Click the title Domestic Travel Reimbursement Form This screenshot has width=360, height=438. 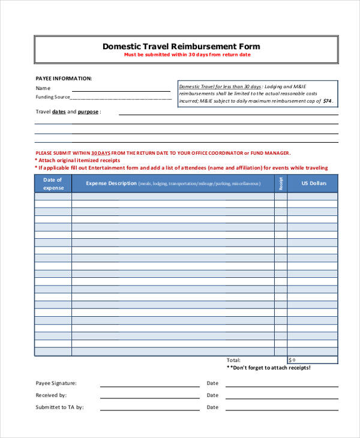pos(181,46)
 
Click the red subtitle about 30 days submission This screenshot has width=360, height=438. pos(187,55)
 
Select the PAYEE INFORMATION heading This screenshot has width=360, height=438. pos(64,78)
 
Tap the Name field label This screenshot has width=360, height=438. pos(43,88)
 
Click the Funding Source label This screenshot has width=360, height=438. pos(53,97)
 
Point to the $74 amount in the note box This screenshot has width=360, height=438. pos(327,101)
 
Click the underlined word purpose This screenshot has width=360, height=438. pos(88,112)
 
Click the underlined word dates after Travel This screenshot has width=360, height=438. pos(59,112)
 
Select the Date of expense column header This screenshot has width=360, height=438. pos(53,184)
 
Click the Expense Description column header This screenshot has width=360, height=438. pos(173,184)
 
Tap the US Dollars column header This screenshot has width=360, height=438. pos(313,184)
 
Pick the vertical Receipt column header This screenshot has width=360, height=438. pos(280,184)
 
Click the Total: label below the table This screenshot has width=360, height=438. pos(233,360)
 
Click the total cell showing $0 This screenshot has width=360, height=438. pos(313,360)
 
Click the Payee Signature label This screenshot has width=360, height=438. pos(56,383)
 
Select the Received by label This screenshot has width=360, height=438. pos(51,395)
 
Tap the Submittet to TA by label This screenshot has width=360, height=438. pos(59,407)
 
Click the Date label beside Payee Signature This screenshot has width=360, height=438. pos(212,383)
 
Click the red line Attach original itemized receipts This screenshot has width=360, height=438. pos(78,160)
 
